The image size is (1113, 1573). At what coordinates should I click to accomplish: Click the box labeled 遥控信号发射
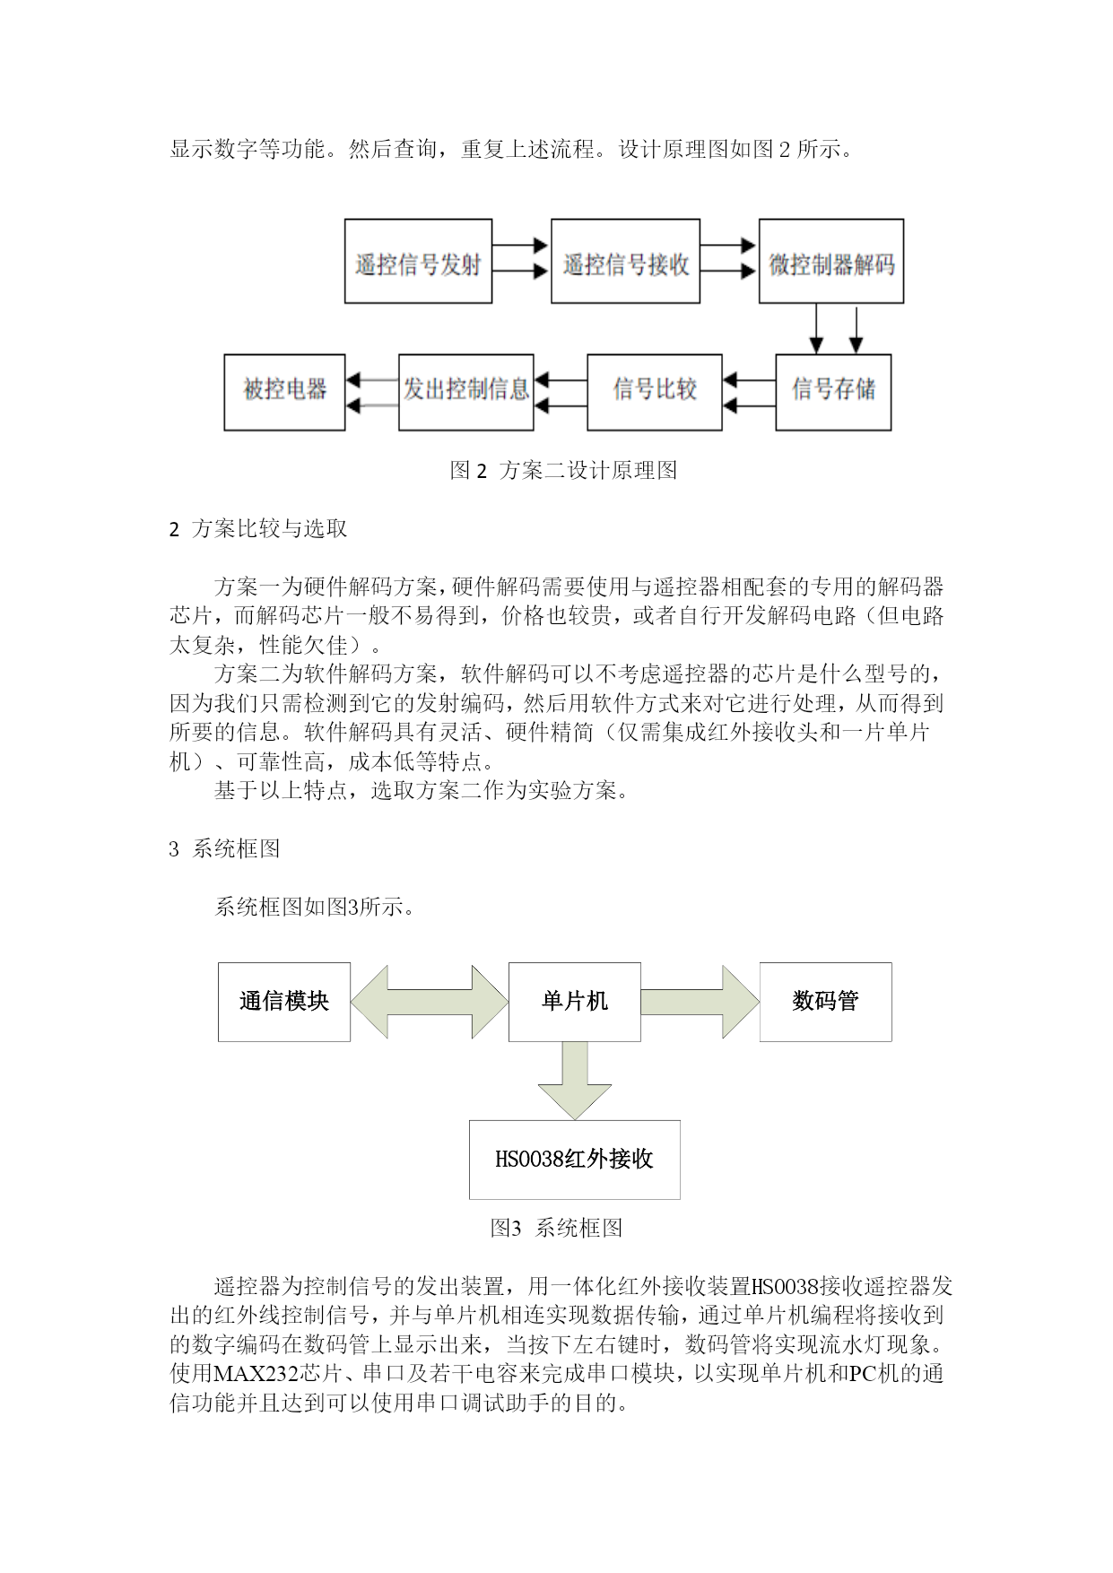coord(419,262)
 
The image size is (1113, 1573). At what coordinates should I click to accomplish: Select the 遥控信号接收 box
coord(625,262)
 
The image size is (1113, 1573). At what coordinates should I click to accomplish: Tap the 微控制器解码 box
coord(831,262)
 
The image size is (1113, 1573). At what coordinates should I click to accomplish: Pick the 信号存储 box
coord(833,392)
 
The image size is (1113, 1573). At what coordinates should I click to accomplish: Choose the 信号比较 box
coord(655,392)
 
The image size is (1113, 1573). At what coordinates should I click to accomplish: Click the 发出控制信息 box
coord(466,392)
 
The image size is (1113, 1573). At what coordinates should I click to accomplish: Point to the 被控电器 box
coord(284,392)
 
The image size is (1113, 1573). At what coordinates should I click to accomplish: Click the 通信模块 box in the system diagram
coord(284,1002)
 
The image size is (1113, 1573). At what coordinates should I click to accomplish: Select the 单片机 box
coord(575,1002)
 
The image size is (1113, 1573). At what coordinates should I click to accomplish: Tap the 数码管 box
coord(826,1002)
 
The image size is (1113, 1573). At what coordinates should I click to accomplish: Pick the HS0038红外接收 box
coord(575,1160)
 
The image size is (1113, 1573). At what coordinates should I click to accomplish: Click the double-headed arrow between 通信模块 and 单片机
coord(430,1002)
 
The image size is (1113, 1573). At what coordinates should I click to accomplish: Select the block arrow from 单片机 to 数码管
coord(700,1002)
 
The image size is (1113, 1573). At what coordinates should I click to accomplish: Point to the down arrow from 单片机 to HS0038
coord(575,1080)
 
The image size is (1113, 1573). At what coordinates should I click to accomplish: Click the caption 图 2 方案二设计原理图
coord(563,470)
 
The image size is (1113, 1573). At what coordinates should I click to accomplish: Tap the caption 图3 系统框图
coord(556,1228)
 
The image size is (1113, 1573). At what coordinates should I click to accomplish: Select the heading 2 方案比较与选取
coord(258,529)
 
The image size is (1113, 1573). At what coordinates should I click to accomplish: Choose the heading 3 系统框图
coord(225,848)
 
